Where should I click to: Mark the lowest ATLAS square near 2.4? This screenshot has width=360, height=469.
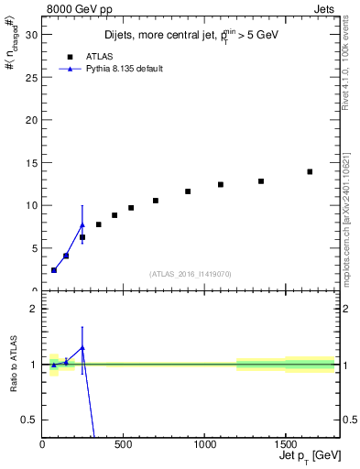[x=54, y=270]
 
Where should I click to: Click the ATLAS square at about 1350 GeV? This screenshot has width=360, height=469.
[x=261, y=181]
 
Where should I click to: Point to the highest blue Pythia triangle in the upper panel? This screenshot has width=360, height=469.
[x=82, y=224]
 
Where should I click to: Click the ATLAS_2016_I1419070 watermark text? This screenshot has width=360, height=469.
[x=191, y=273]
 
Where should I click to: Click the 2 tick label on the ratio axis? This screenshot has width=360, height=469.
[x=34, y=309]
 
